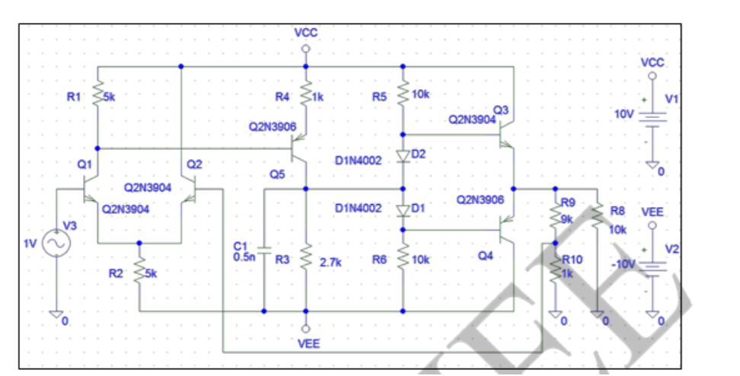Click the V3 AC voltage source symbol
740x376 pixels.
click(56, 244)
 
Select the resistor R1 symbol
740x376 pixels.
click(97, 97)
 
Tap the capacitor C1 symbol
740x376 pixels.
click(263, 249)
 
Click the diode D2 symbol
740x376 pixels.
click(403, 156)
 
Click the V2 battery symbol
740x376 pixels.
click(652, 266)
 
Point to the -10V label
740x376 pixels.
click(624, 263)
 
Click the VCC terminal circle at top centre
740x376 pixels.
click(305, 48)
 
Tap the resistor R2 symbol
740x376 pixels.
click(139, 271)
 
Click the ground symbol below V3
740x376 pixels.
click(56, 315)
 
